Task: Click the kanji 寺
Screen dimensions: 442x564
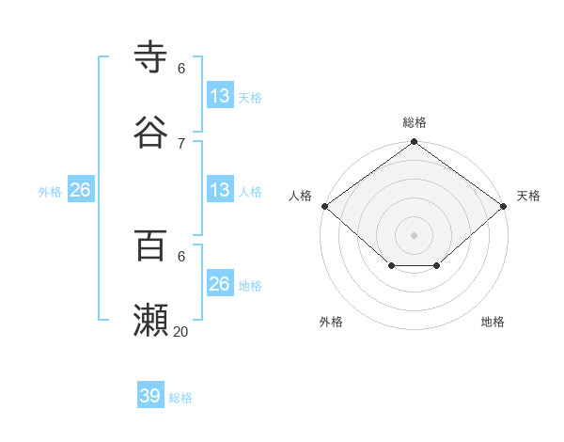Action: click(x=151, y=56)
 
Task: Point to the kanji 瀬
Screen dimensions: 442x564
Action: click(x=151, y=320)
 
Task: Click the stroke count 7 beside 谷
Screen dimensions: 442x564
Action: click(x=181, y=143)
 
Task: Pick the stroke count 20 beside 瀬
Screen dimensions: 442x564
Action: click(x=181, y=331)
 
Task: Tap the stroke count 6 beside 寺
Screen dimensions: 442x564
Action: click(x=181, y=68)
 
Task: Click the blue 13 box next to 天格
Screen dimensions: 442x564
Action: click(x=220, y=95)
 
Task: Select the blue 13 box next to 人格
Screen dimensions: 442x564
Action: click(x=220, y=190)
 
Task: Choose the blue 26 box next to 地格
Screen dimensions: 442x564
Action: click(x=220, y=284)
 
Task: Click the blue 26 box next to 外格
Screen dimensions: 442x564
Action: click(x=80, y=190)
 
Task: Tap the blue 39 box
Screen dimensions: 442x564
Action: click(x=150, y=396)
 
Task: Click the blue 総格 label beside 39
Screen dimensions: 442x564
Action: click(x=181, y=398)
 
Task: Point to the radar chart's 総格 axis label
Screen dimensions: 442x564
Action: click(x=415, y=122)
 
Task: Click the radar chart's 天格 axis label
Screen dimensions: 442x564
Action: click(x=529, y=196)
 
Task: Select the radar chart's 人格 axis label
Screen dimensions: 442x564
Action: click(x=300, y=196)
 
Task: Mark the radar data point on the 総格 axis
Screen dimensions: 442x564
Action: click(x=415, y=143)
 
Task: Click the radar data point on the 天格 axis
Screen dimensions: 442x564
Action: click(x=505, y=206)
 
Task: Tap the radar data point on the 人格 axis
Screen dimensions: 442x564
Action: click(x=324, y=206)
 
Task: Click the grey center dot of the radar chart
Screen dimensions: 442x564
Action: click(x=415, y=235)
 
